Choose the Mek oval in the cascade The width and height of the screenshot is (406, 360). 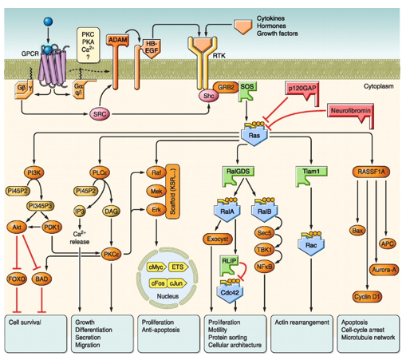tap(156, 191)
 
